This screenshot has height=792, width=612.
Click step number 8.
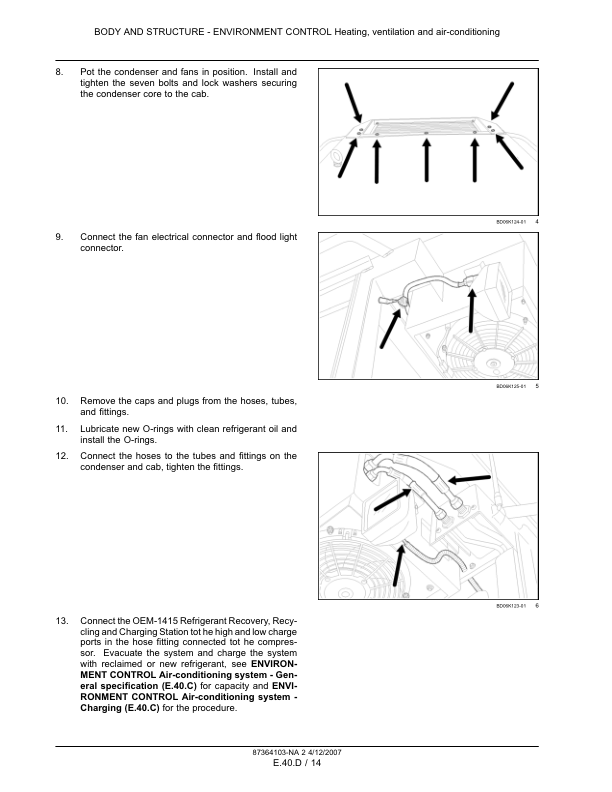click(59, 72)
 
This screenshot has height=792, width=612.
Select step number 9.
click(59, 237)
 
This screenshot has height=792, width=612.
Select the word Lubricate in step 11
click(101, 428)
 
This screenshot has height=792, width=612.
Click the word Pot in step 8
click(87, 72)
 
